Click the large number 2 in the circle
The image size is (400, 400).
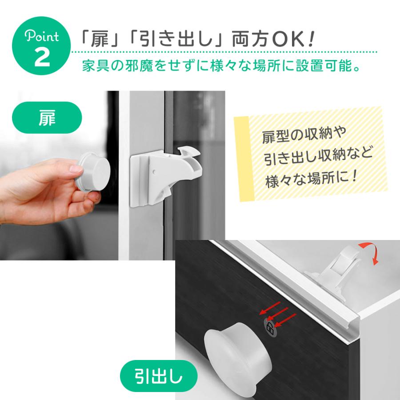pos(42,58)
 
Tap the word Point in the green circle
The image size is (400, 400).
pos(42,36)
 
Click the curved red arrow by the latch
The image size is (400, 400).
pos(369,253)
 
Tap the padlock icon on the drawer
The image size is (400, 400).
pos(269,328)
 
